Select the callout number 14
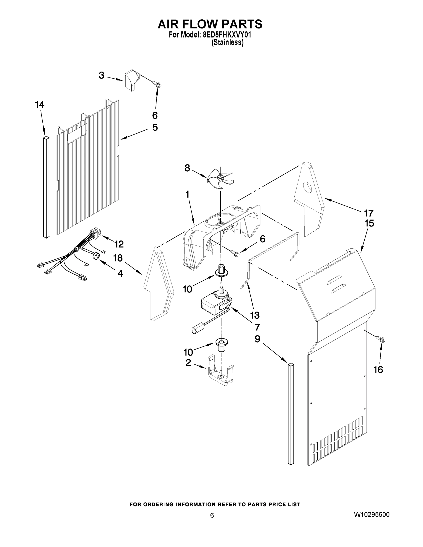(x=40, y=105)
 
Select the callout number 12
(x=119, y=244)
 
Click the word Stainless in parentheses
(x=227, y=43)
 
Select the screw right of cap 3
(x=158, y=85)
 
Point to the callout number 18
(x=118, y=258)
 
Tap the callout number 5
(x=155, y=127)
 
